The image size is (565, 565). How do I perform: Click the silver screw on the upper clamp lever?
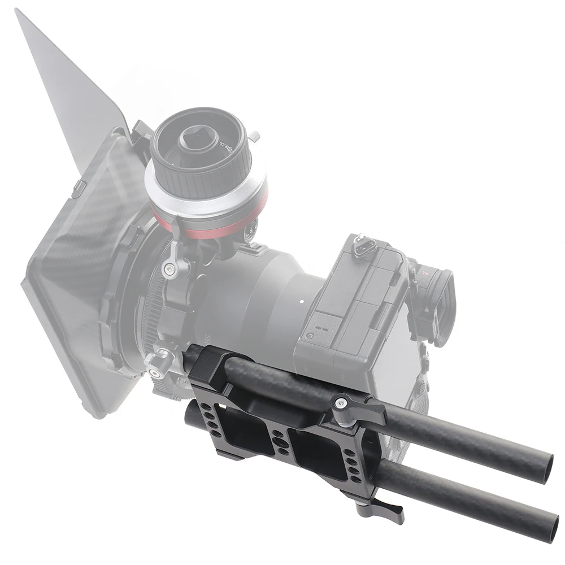340,403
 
